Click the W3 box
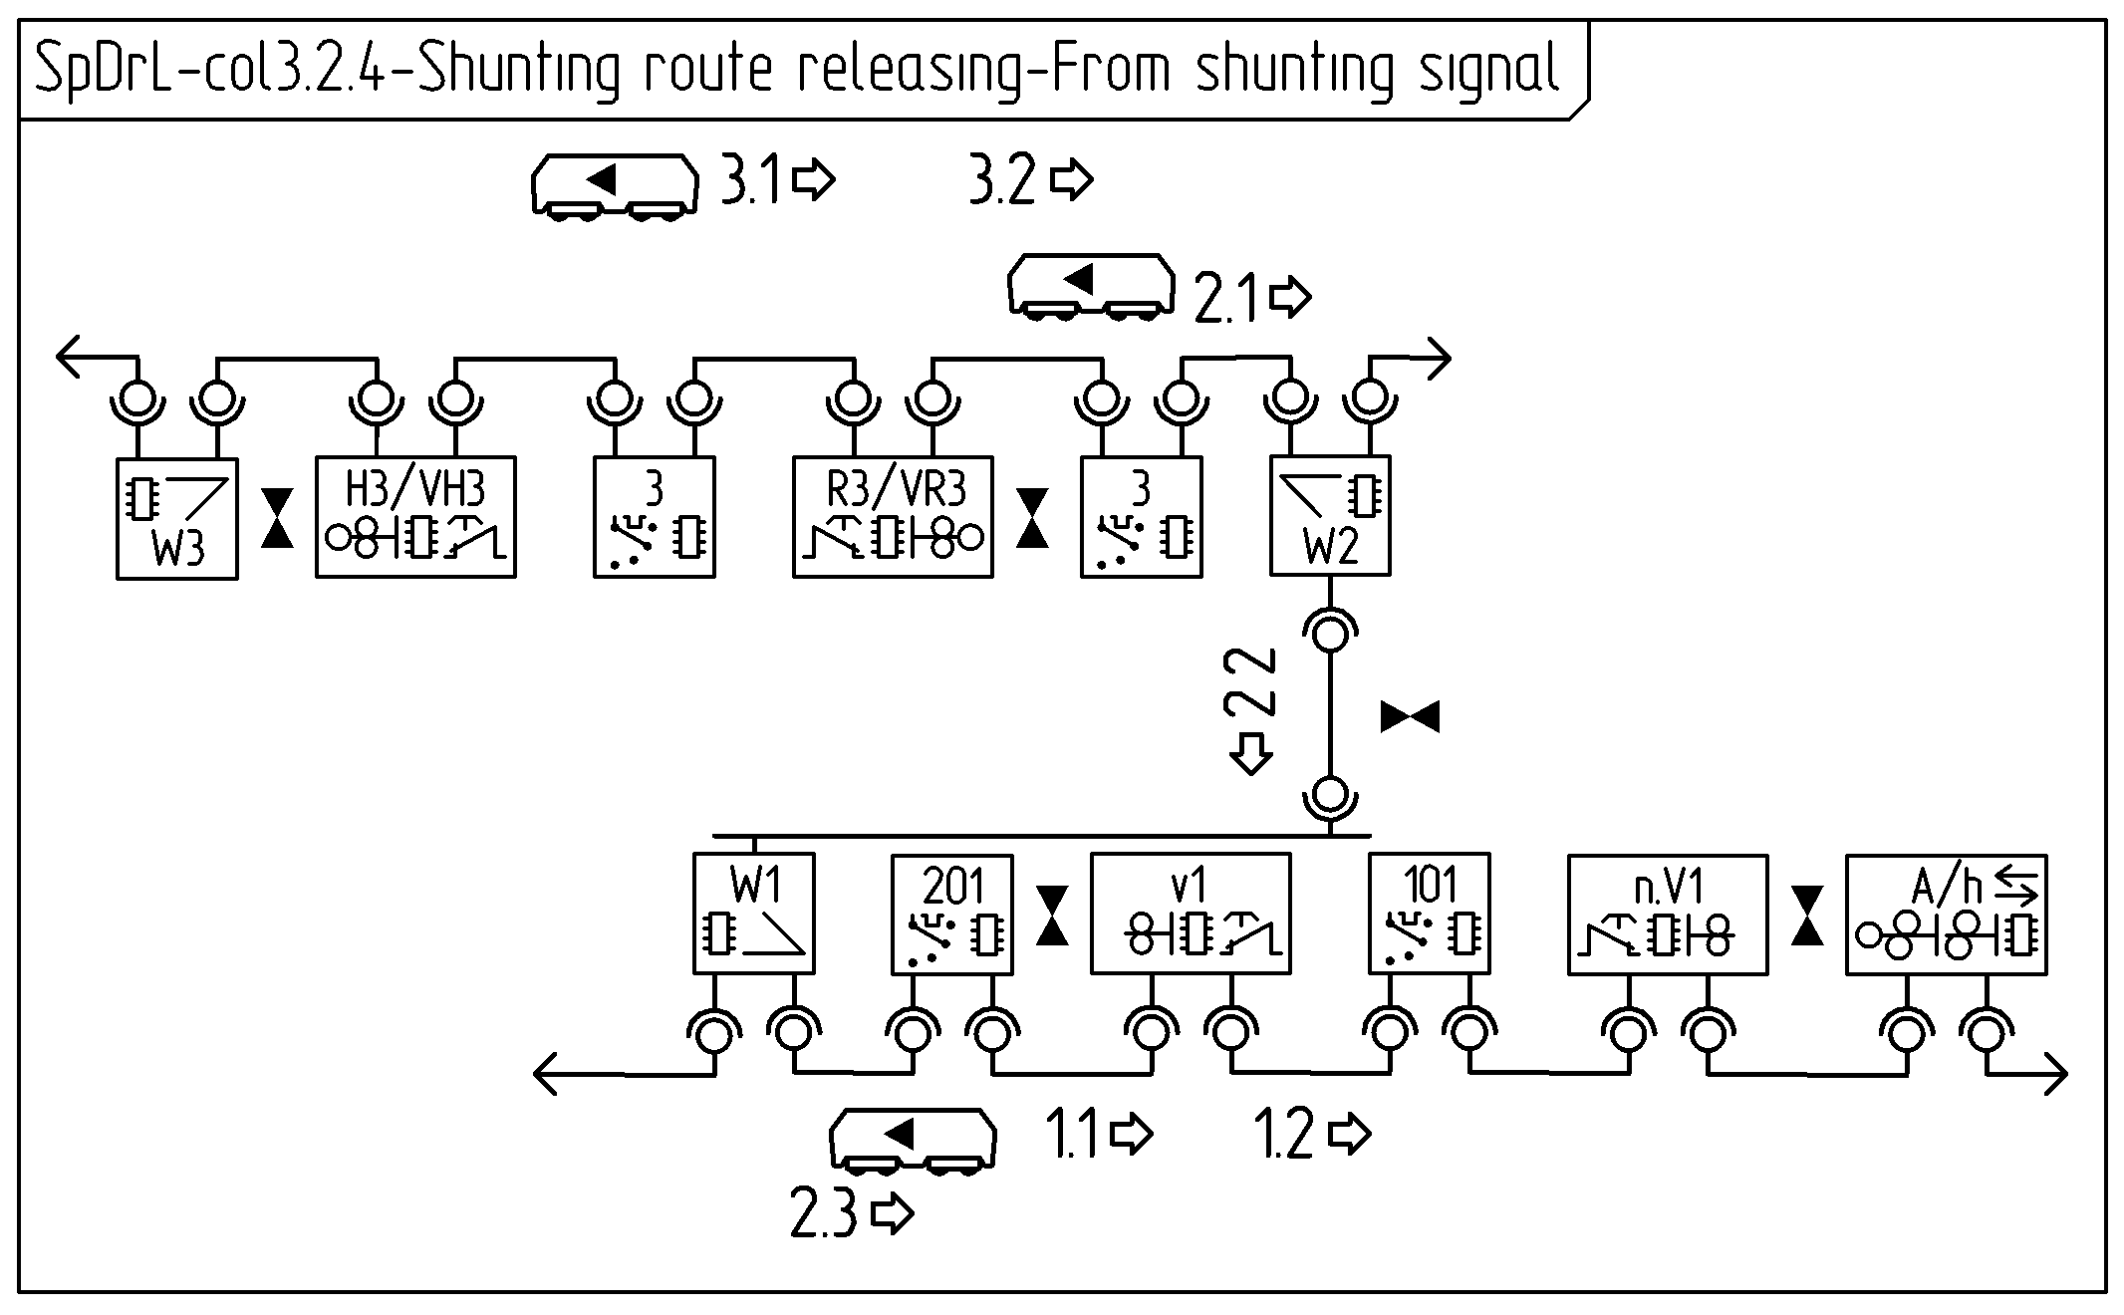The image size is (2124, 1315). (x=177, y=518)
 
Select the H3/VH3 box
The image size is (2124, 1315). (x=415, y=517)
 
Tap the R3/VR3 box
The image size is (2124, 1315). (x=893, y=517)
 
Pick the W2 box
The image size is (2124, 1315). (x=1330, y=516)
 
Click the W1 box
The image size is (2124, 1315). (x=754, y=914)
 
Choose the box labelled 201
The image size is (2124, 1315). (x=952, y=914)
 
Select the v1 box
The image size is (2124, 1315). (x=1191, y=914)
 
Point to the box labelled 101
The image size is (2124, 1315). (x=1430, y=914)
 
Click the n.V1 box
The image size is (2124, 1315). (x=1668, y=914)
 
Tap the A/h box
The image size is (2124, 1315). (x=1946, y=914)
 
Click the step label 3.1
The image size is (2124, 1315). (x=751, y=181)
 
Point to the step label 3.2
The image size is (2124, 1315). (x=1002, y=181)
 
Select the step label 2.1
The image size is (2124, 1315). (x=1225, y=300)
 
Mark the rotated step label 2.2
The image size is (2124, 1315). (x=1250, y=681)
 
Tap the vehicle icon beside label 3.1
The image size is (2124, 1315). (x=614, y=183)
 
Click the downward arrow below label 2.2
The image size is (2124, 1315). (x=1251, y=753)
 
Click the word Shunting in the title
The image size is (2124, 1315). (x=518, y=70)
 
